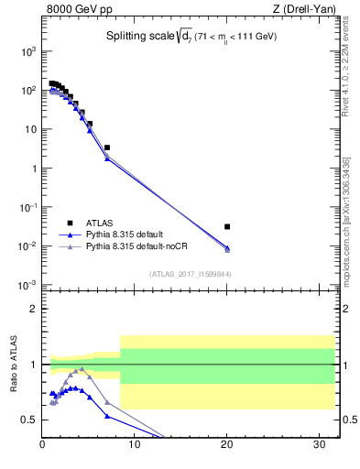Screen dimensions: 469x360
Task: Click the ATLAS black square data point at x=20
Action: pos(227,226)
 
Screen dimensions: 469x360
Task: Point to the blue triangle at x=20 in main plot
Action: pos(227,248)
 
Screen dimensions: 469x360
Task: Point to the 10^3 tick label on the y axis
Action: pos(27,51)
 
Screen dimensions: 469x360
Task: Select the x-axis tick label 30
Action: pos(320,446)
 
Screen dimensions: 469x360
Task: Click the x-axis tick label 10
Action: pos(135,446)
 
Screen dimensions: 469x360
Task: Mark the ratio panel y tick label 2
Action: pos(31,309)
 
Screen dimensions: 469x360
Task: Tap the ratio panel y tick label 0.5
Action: pos(28,420)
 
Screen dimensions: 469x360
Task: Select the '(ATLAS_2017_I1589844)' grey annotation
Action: pos(190,273)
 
